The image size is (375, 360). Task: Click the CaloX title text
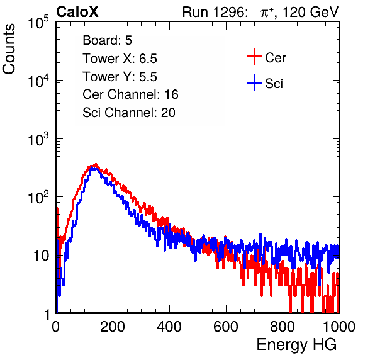(x=77, y=12)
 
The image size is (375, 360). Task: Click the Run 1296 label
(x=215, y=12)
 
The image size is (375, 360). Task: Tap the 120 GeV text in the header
(x=310, y=12)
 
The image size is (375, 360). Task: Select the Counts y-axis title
(x=9, y=49)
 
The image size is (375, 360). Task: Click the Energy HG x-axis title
(x=296, y=345)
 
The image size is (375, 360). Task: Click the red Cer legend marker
(x=254, y=57)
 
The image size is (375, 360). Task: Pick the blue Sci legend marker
(x=254, y=83)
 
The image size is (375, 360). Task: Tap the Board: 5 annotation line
(x=108, y=40)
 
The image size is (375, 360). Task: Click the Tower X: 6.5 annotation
(x=120, y=59)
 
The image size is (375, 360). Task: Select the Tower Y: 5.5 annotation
(x=120, y=77)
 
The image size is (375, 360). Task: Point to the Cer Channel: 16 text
(x=131, y=94)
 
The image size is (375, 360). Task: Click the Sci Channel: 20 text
(x=129, y=113)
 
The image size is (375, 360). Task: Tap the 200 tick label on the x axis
(x=113, y=327)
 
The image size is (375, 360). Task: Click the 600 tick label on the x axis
(x=226, y=327)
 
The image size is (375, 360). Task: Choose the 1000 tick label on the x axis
(x=339, y=327)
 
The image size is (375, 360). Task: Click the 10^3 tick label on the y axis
(x=38, y=139)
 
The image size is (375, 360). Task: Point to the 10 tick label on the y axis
(x=41, y=256)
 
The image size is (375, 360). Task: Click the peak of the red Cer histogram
(x=96, y=164)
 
